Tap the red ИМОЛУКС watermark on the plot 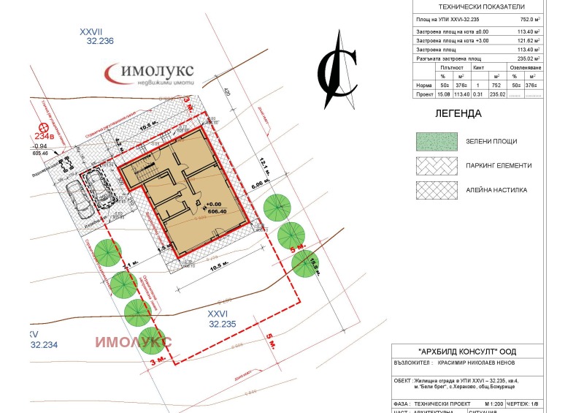[134, 341]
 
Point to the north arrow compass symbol [337, 68]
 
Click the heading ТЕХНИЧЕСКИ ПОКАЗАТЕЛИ [477, 7]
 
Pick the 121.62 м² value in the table [527, 41]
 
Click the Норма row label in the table [423, 85]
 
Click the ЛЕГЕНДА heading [458, 114]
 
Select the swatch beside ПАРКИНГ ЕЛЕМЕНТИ [437, 165]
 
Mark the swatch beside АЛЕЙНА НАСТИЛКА [437, 190]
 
